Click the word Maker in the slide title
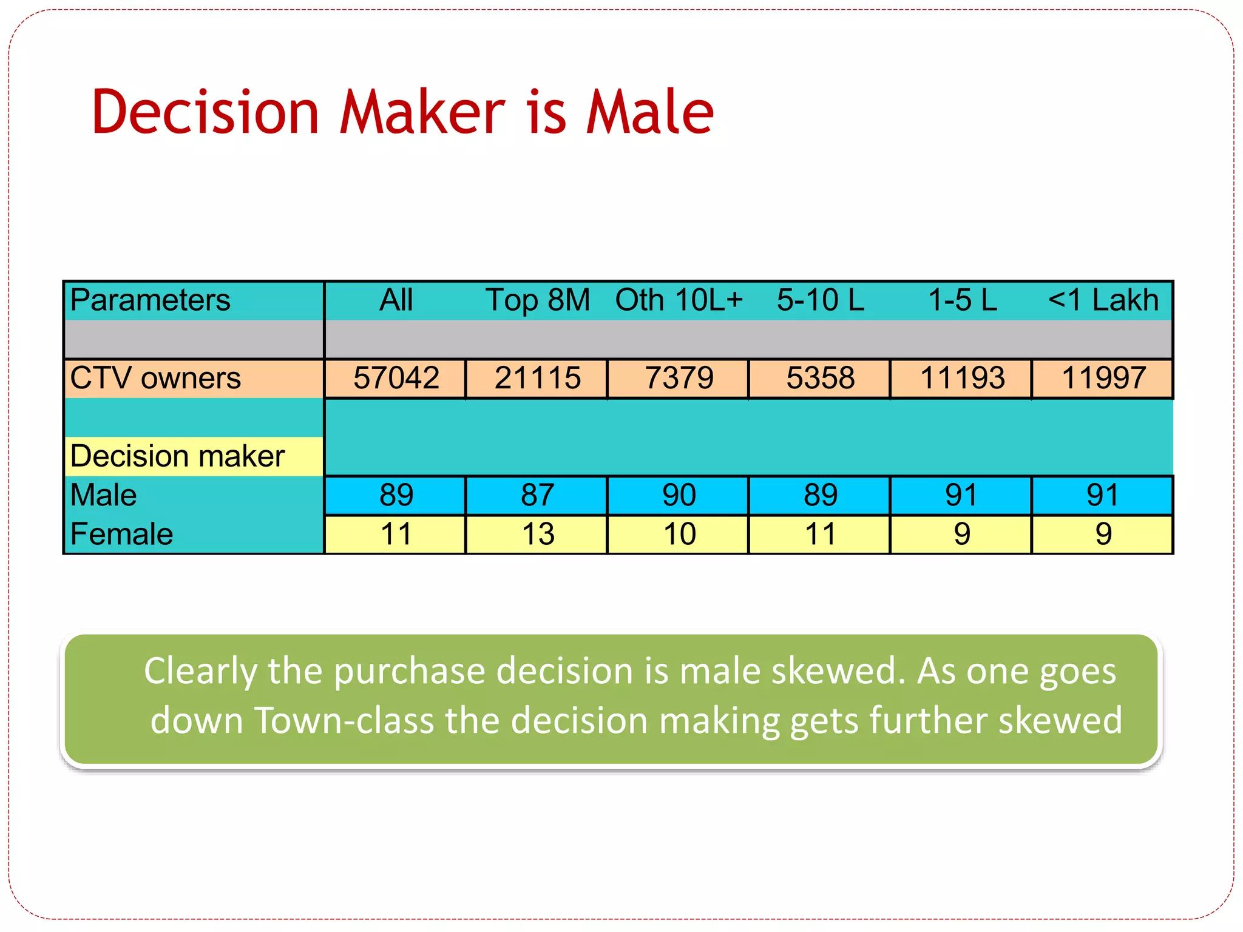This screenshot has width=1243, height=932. pyautogui.click(x=422, y=112)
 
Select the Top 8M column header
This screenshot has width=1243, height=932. pyautogui.click(x=537, y=300)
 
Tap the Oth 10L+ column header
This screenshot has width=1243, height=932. pyautogui.click(x=679, y=300)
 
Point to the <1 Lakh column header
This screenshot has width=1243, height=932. pyautogui.click(x=1103, y=300)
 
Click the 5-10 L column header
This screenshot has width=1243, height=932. pyautogui.click(x=821, y=300)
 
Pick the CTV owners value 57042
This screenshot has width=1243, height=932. pyautogui.click(x=396, y=378)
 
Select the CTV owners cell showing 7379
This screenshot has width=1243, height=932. pyautogui.click(x=679, y=378)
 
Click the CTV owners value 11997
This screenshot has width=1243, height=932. pyautogui.click(x=1103, y=378)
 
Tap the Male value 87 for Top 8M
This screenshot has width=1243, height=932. pyautogui.click(x=537, y=495)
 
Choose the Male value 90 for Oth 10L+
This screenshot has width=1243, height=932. pyautogui.click(x=679, y=495)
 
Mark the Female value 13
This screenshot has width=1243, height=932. pyautogui.click(x=538, y=535)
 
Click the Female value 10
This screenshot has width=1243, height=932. pyautogui.click(x=679, y=535)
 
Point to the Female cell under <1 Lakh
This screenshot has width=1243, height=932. pyautogui.click(x=1103, y=535)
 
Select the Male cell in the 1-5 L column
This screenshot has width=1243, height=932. pyautogui.click(x=961, y=495)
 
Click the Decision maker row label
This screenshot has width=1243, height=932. pyautogui.click(x=177, y=456)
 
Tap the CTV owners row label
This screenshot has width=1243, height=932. pyautogui.click(x=155, y=378)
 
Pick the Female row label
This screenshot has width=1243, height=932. pyautogui.click(x=121, y=535)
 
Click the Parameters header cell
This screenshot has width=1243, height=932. pyautogui.click(x=150, y=300)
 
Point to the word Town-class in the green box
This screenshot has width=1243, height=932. pyautogui.click(x=344, y=720)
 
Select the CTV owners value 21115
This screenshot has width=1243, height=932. pyautogui.click(x=537, y=378)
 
